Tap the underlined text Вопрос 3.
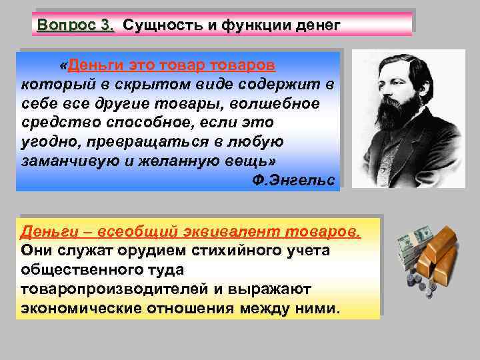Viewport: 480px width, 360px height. (76, 25)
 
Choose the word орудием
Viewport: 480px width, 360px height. (145, 251)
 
